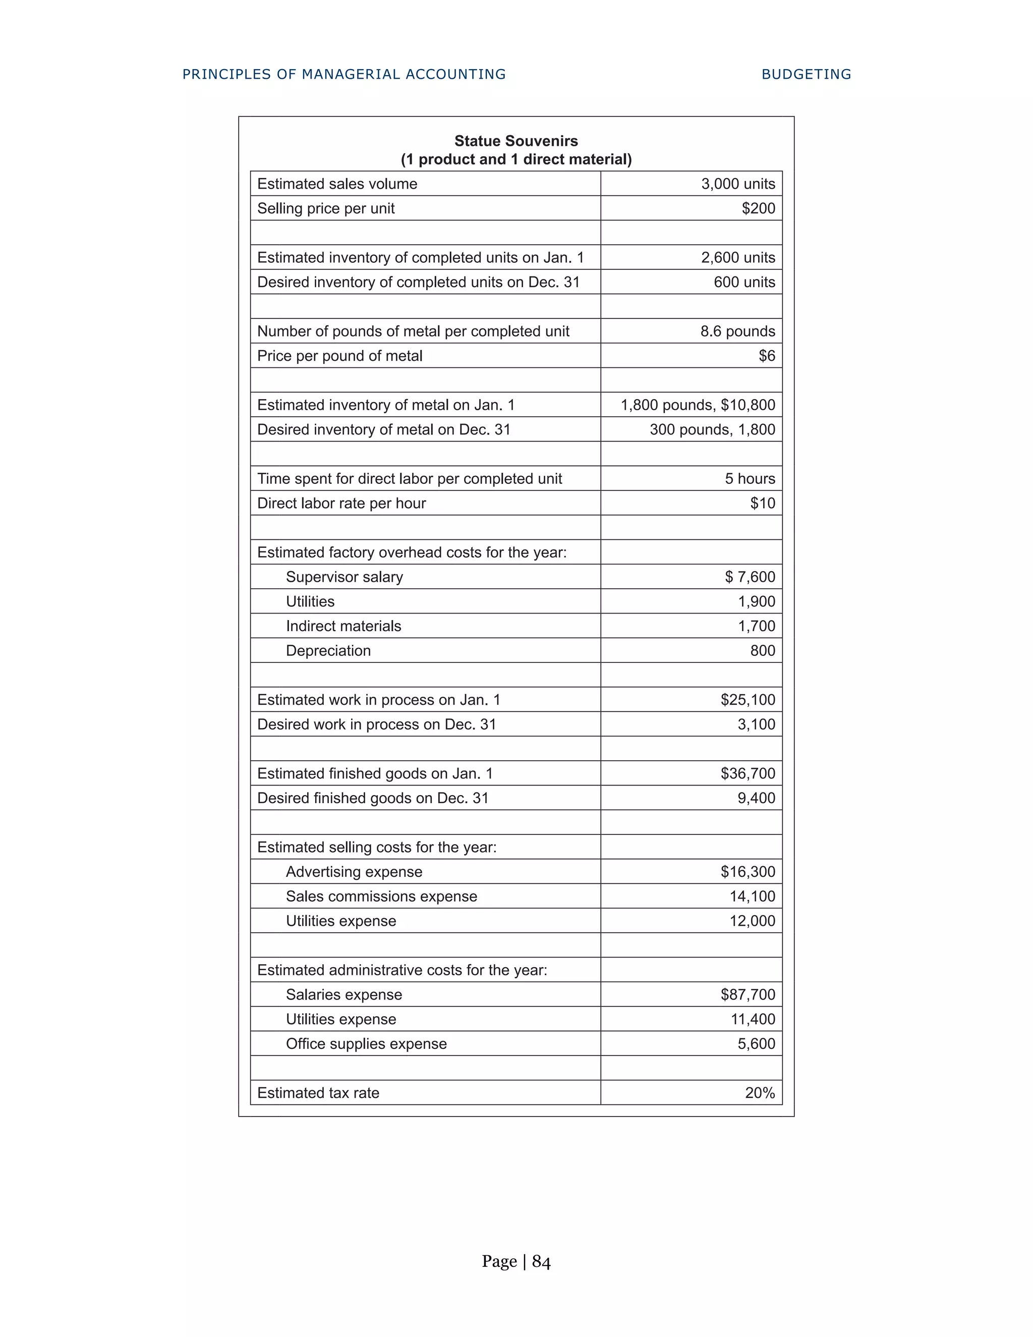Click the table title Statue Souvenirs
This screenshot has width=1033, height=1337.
click(x=516, y=141)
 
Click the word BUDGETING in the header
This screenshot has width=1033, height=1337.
click(x=806, y=74)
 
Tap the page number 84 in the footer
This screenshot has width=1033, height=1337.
click(x=541, y=1262)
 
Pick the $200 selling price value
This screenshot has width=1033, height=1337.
click(x=758, y=208)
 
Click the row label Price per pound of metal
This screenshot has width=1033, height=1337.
click(x=339, y=356)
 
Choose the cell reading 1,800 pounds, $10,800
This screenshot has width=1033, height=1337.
click(x=698, y=405)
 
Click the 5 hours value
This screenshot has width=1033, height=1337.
click(x=750, y=479)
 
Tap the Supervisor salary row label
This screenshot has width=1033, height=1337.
click(x=345, y=577)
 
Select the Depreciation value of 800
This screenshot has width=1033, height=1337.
click(x=763, y=650)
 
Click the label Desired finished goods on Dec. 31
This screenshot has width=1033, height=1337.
click(x=373, y=798)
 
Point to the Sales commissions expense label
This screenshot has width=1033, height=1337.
click(x=381, y=896)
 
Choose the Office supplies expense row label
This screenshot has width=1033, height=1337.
click(x=366, y=1044)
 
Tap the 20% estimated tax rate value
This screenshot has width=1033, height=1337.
click(x=760, y=1093)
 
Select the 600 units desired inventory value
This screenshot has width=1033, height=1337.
click(x=743, y=282)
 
